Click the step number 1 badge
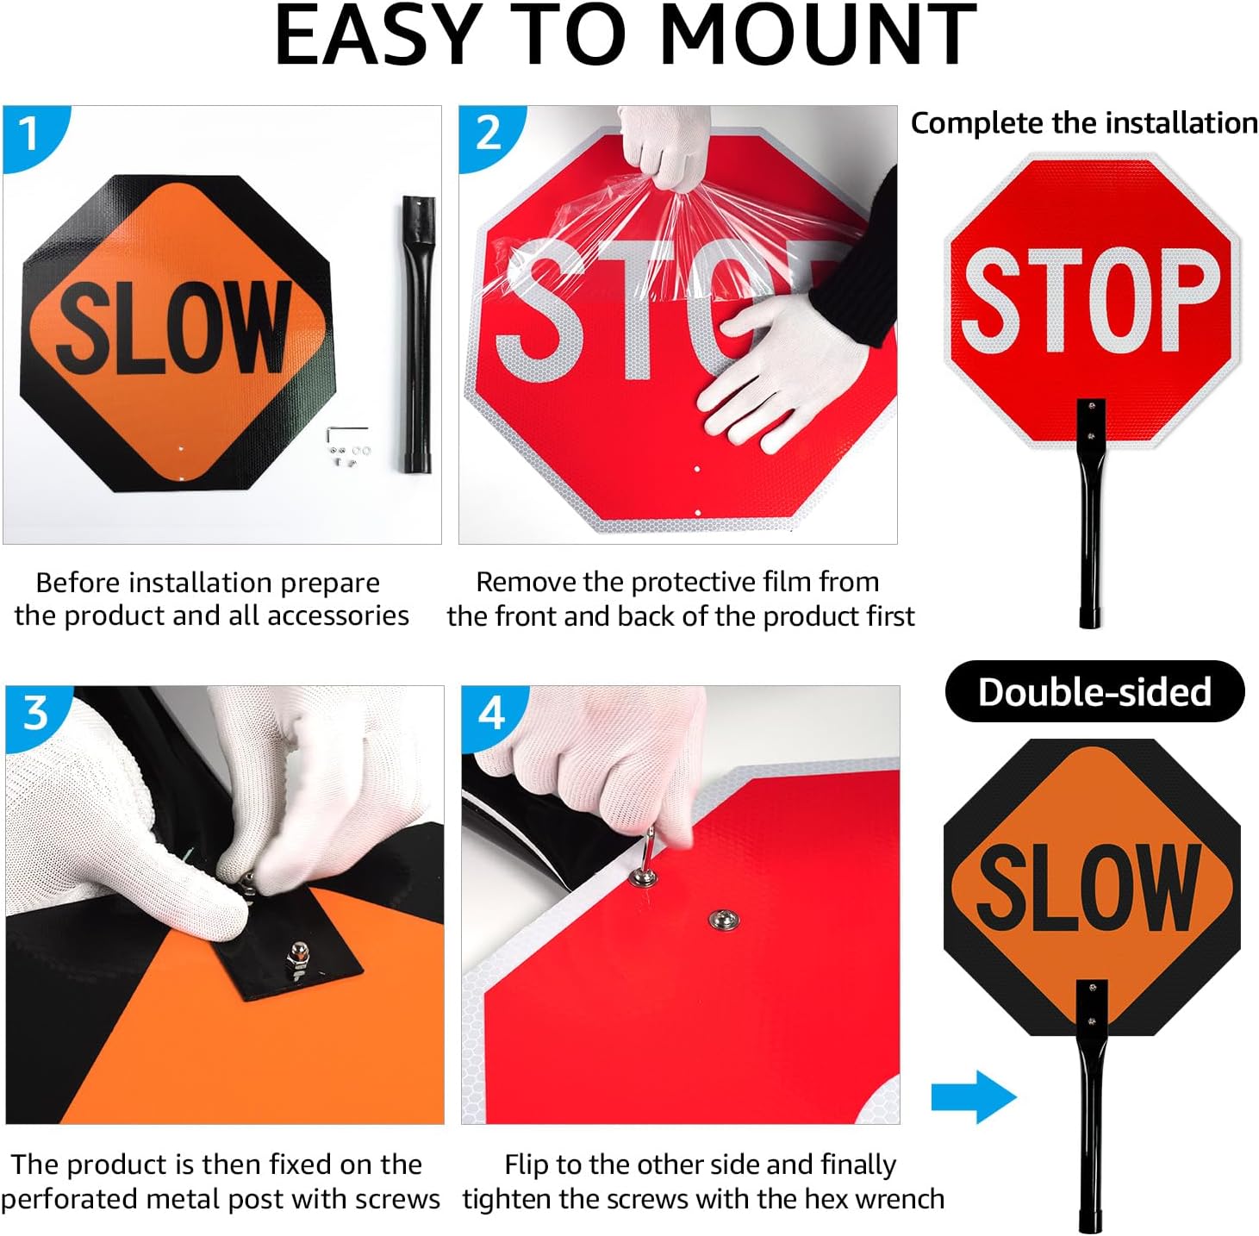pyautogui.click(x=29, y=134)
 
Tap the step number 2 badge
pyautogui.click(x=488, y=134)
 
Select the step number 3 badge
pyautogui.click(x=35, y=713)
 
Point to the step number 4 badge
pyautogui.click(x=491, y=713)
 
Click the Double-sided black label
pyautogui.click(x=1094, y=692)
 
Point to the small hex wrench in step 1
pyautogui.click(x=346, y=432)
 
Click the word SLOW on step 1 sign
pyautogui.click(x=172, y=328)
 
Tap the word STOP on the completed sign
pyautogui.click(x=1091, y=299)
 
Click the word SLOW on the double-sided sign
pyautogui.click(x=1089, y=887)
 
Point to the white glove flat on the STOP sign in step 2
pyautogui.click(x=776, y=371)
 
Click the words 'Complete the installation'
pyautogui.click(x=1084, y=123)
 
